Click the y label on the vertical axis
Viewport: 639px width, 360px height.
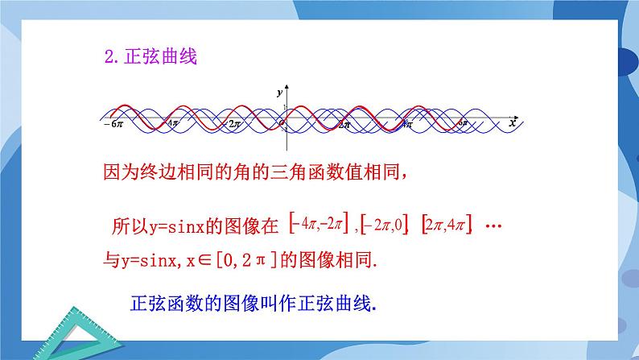pyautogui.click(x=279, y=93)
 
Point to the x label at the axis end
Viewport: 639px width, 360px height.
pyautogui.click(x=512, y=122)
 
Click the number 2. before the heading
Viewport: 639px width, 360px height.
pyautogui.click(x=112, y=59)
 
